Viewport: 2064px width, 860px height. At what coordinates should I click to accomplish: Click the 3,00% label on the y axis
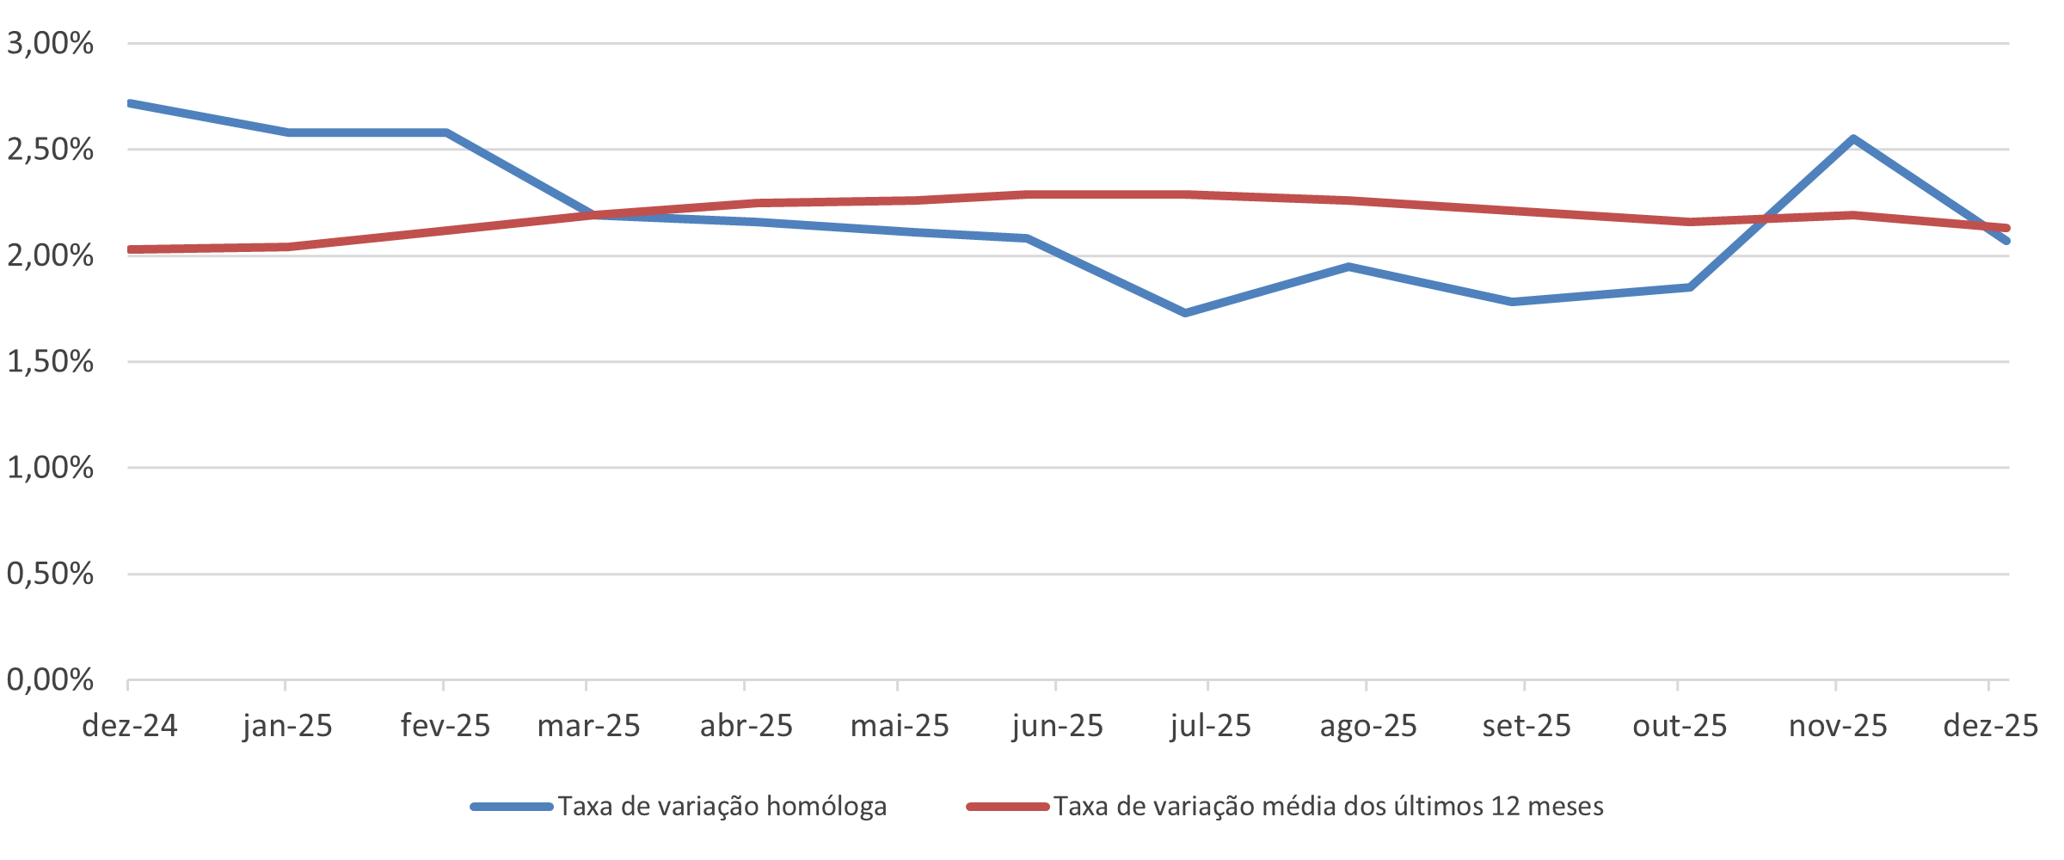click(x=50, y=43)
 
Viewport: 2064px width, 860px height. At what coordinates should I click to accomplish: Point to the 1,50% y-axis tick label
click(x=50, y=361)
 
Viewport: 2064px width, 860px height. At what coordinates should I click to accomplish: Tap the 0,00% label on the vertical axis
click(x=50, y=679)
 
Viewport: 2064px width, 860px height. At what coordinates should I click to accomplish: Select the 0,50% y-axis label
click(x=50, y=574)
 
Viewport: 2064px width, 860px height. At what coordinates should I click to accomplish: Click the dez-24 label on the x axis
click(x=129, y=726)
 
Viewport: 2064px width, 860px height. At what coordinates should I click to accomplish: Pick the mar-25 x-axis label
click(x=588, y=726)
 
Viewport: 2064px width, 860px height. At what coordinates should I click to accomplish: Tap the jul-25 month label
click(x=1210, y=726)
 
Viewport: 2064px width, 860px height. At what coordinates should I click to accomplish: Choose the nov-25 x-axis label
click(x=1838, y=726)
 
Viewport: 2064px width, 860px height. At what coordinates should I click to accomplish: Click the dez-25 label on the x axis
click(x=1990, y=726)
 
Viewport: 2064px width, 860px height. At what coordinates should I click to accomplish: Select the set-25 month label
click(x=1526, y=726)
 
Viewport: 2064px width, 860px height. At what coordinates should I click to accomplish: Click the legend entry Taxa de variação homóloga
click(x=722, y=807)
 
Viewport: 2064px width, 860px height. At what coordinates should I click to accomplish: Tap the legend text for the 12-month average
click(x=1328, y=807)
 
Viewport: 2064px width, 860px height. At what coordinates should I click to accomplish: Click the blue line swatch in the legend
click(x=511, y=807)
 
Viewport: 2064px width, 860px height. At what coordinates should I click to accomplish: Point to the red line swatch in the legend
click(x=1007, y=807)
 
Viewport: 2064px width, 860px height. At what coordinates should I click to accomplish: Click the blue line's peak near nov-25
click(x=1852, y=138)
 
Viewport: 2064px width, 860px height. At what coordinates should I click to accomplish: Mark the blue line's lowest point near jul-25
click(x=1185, y=313)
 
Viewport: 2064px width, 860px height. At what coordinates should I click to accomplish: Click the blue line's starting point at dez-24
click(x=130, y=103)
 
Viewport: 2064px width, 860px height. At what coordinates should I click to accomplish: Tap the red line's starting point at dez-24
click(x=130, y=249)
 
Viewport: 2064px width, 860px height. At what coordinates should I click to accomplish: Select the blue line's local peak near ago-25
click(x=1348, y=267)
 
